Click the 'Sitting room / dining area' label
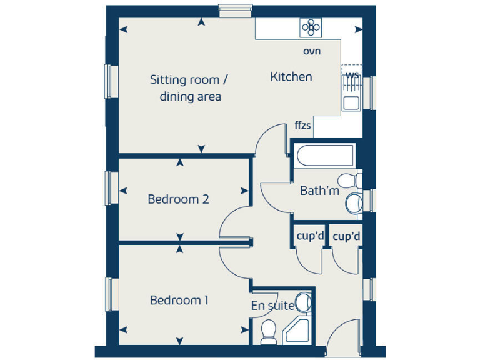click(189, 88)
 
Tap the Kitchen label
click(291, 77)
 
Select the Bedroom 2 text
click(178, 199)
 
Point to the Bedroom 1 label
click(179, 301)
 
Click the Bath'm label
click(319, 191)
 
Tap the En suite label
click(272, 306)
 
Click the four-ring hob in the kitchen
click(311, 27)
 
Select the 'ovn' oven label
click(312, 51)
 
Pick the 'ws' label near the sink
click(352, 76)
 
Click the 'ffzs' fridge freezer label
click(303, 126)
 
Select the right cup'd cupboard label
click(346, 236)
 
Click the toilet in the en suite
click(269, 329)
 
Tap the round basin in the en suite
click(303, 303)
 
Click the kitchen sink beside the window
click(351, 102)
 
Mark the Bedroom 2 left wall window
click(111, 187)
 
